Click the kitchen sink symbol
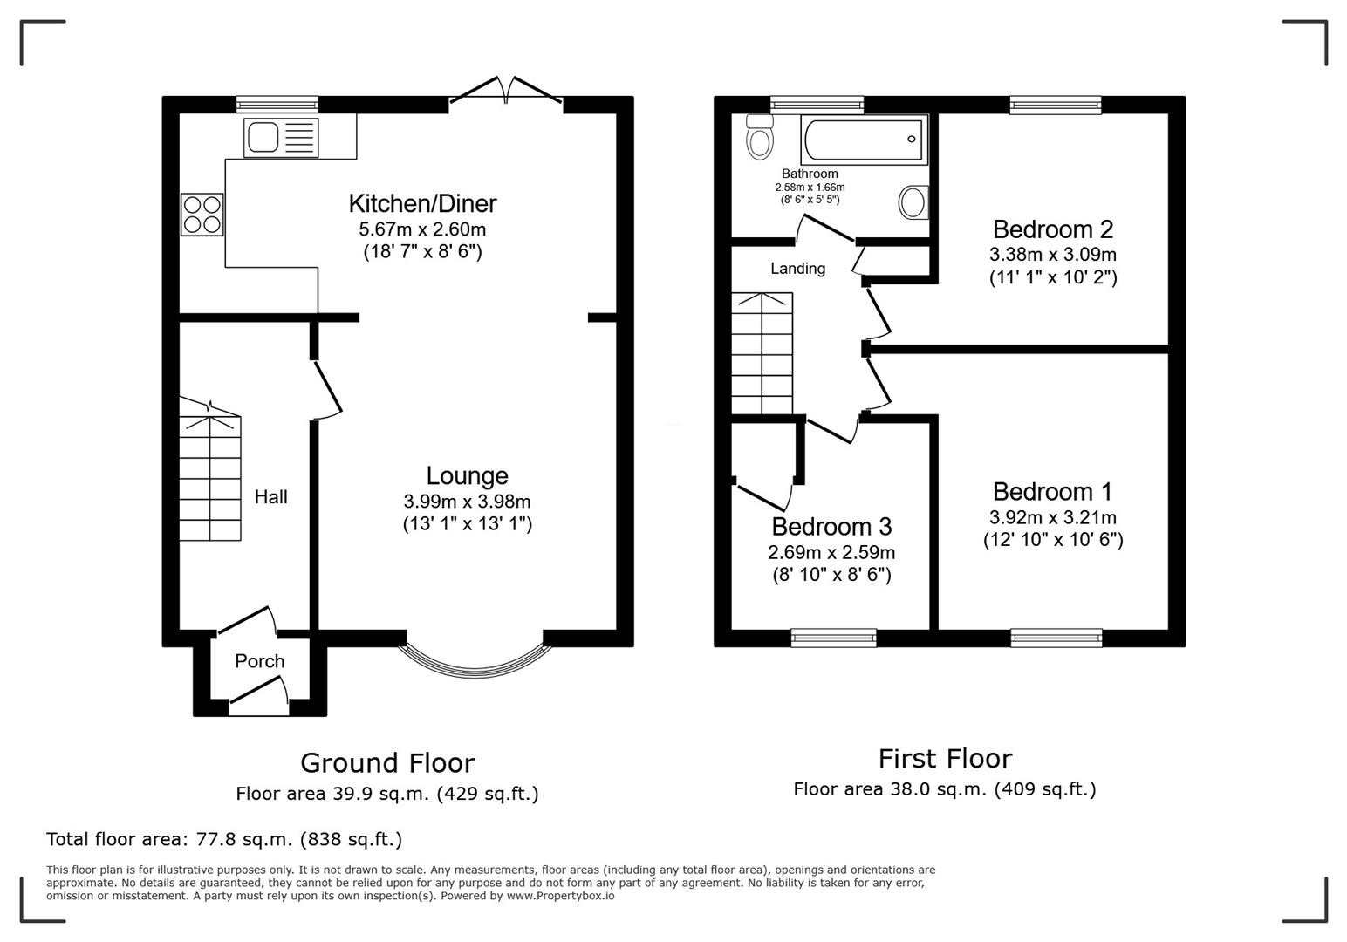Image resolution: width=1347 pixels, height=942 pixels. click(281, 138)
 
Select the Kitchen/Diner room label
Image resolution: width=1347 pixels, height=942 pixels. click(422, 203)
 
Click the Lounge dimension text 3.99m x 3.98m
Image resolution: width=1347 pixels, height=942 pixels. click(467, 502)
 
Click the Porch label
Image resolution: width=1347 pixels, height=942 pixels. click(259, 661)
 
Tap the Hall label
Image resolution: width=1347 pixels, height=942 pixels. click(270, 497)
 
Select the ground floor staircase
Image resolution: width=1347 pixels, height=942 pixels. click(210, 478)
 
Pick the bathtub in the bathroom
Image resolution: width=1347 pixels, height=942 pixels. click(864, 139)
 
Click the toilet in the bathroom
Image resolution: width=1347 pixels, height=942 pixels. click(759, 138)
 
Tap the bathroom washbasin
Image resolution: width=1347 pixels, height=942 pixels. click(913, 202)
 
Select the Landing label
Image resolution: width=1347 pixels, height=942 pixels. click(797, 269)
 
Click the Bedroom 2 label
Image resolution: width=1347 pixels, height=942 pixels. click(1052, 229)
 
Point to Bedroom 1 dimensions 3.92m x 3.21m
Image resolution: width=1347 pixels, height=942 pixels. click(1052, 517)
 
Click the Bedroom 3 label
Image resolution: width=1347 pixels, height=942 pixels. click(831, 527)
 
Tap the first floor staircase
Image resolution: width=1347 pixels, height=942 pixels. click(762, 354)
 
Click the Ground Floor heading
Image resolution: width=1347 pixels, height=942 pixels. click(387, 763)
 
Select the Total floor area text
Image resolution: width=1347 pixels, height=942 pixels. click(224, 840)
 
